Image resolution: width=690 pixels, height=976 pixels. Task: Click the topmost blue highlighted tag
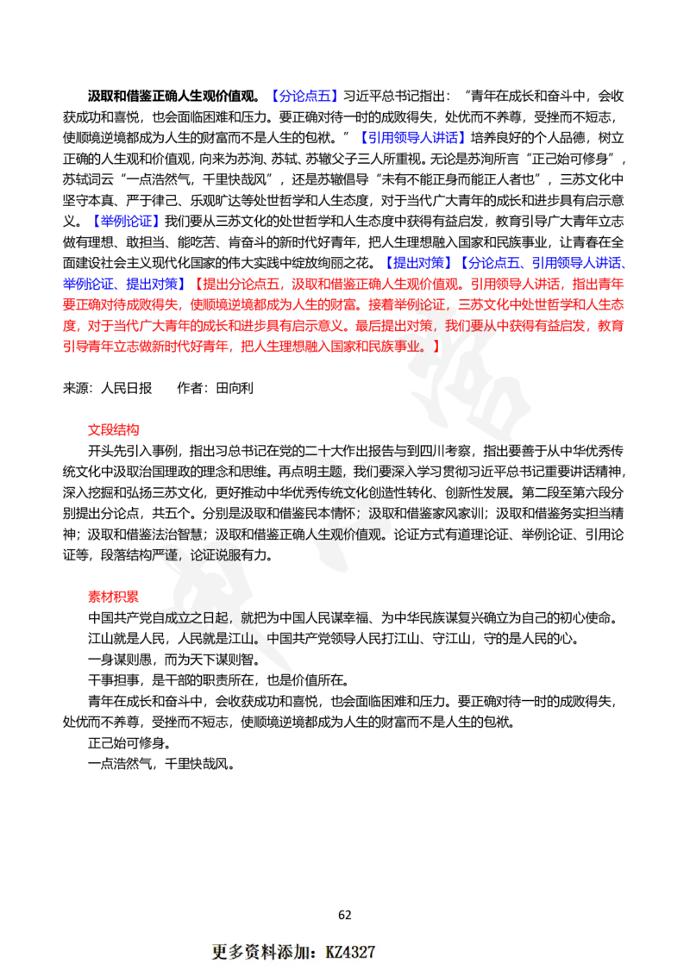click(x=304, y=95)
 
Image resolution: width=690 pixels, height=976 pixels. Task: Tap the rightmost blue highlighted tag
click(x=579, y=261)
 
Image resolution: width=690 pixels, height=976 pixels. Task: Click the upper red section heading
click(x=113, y=430)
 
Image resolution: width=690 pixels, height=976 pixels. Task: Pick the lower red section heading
click(x=113, y=596)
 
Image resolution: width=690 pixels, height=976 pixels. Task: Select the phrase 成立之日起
click(x=194, y=618)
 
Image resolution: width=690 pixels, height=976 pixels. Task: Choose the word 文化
click(x=349, y=492)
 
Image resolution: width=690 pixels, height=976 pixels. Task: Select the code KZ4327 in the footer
click(x=350, y=952)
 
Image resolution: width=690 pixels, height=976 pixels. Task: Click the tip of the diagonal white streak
click(x=294, y=670)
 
